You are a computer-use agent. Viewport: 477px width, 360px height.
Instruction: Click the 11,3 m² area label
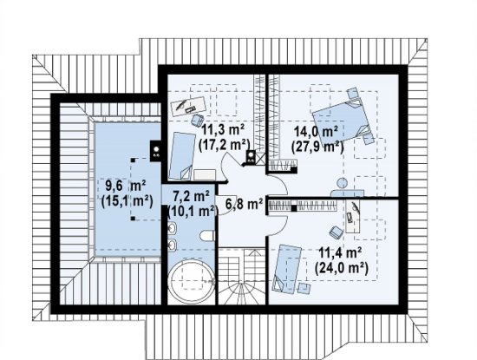point(223,130)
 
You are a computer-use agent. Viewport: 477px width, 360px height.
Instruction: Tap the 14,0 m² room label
point(316,133)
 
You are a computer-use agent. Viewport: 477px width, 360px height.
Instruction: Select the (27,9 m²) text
point(317,147)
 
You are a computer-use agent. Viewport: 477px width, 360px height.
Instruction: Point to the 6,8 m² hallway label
point(244,204)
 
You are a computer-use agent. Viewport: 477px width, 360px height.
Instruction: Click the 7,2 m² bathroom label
point(191,196)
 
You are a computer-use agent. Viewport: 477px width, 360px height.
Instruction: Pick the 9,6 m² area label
point(126,186)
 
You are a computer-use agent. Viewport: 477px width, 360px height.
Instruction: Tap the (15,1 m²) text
point(127,201)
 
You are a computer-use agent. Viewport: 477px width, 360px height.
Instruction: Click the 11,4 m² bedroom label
point(340,253)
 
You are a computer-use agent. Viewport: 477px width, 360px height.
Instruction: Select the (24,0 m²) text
point(342,268)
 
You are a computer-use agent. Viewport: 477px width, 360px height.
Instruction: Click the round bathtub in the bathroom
point(191,281)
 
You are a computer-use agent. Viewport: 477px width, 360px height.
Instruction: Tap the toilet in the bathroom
point(208,236)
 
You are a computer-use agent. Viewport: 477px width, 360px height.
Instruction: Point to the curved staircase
point(242,277)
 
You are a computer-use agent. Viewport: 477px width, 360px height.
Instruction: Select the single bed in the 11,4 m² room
point(286,269)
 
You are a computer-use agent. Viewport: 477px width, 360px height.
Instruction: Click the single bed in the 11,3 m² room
point(182,156)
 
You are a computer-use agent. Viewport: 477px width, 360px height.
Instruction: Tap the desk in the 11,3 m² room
point(188,106)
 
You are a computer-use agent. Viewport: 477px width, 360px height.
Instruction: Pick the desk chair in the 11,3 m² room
point(198,120)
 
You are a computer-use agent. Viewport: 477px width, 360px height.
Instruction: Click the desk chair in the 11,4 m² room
point(337,232)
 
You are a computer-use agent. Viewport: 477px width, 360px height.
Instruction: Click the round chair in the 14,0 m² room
point(343,182)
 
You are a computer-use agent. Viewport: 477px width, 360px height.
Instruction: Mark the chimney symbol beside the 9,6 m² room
point(156,151)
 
